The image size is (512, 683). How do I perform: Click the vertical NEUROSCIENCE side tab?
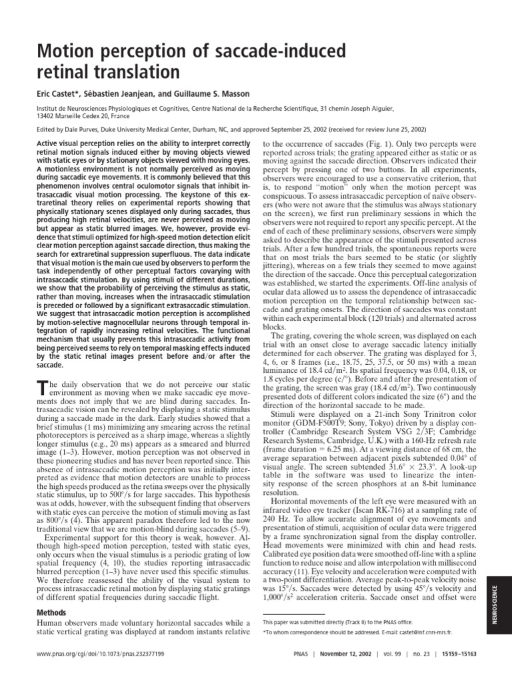494,604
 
